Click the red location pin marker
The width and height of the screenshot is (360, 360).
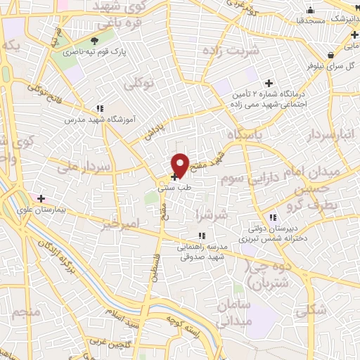(x=180, y=164)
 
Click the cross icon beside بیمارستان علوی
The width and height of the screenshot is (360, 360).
(x=41, y=198)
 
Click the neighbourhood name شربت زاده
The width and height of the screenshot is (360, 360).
(x=231, y=51)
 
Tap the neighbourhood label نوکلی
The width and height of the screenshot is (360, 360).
(x=139, y=84)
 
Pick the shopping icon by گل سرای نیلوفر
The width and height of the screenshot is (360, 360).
(x=330, y=55)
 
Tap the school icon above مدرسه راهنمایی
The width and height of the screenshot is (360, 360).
(x=201, y=236)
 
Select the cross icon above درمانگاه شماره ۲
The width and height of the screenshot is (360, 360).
(x=267, y=83)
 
